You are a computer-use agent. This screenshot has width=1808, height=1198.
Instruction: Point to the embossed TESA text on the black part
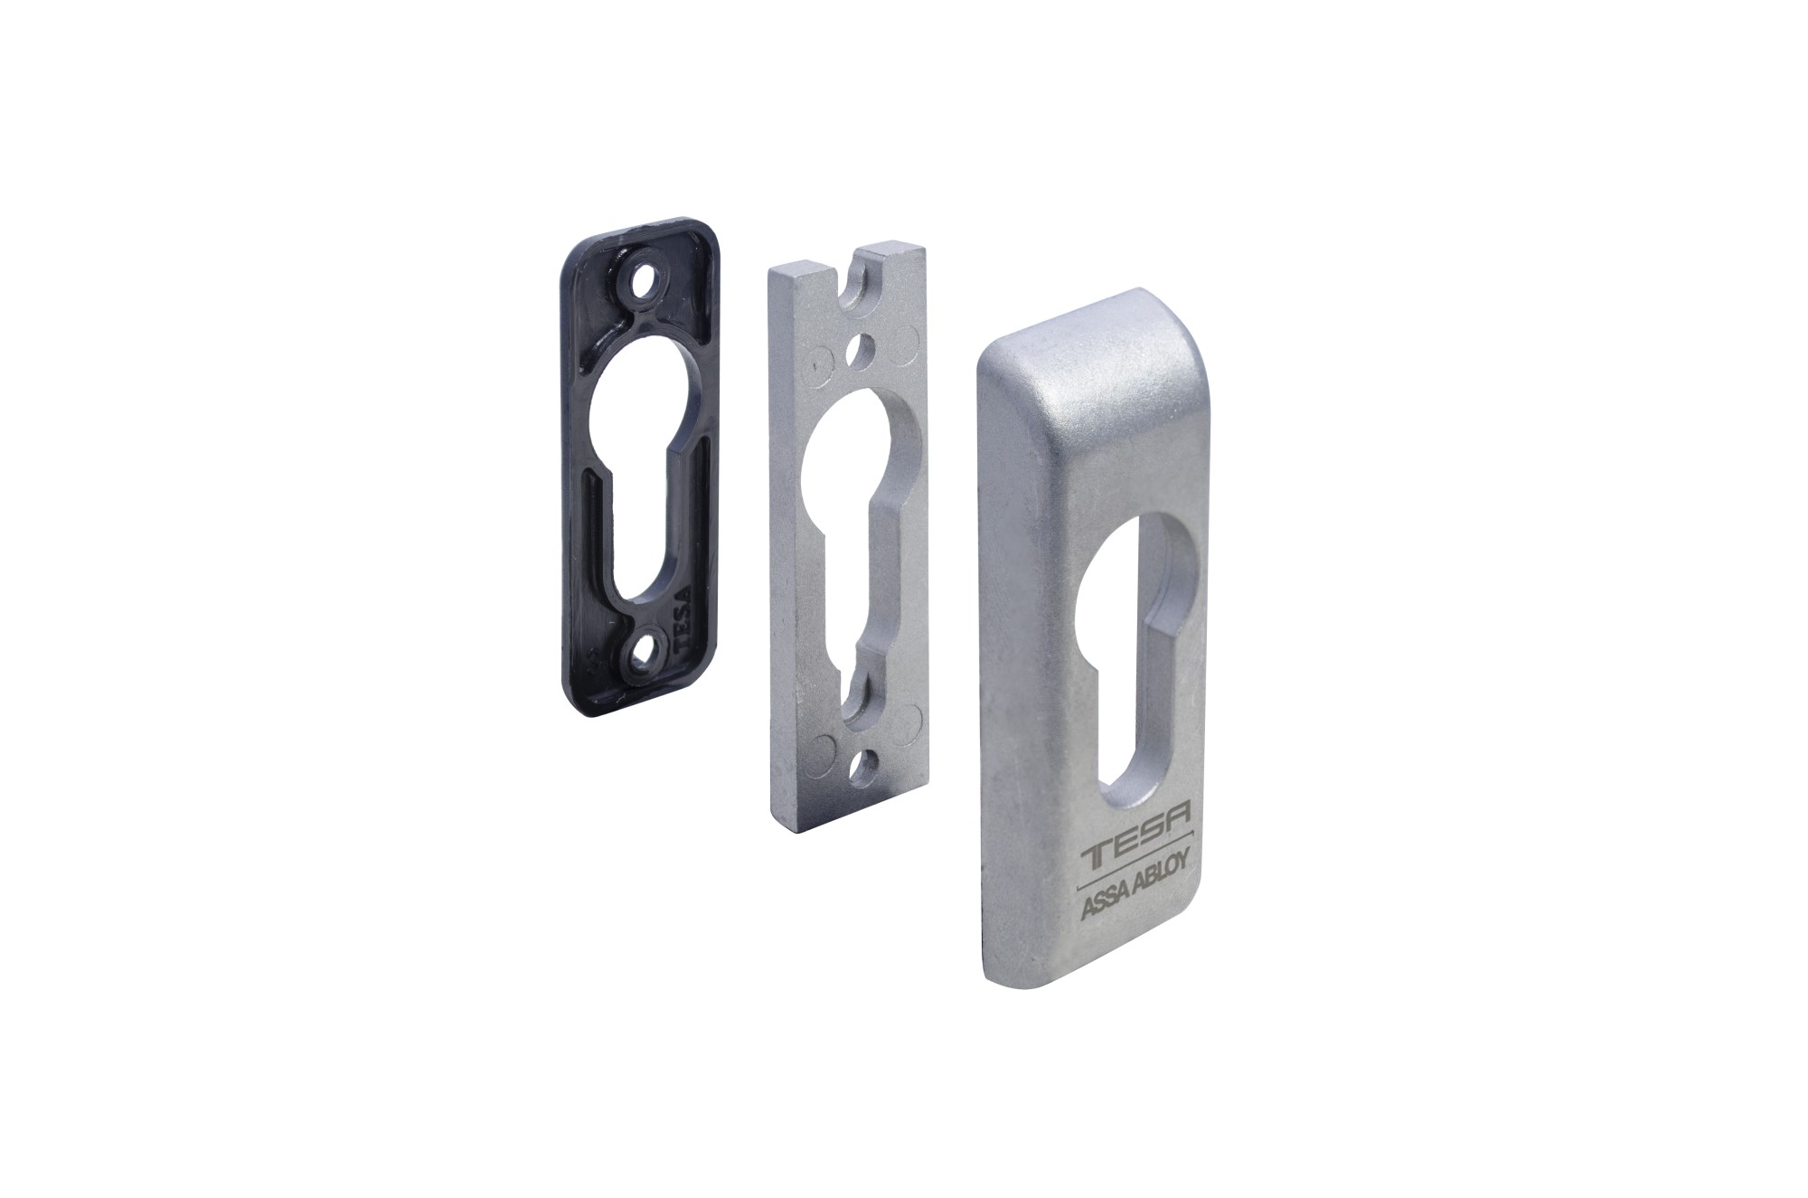[x=680, y=618]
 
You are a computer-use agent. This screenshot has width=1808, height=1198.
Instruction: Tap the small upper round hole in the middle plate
[x=862, y=347]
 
